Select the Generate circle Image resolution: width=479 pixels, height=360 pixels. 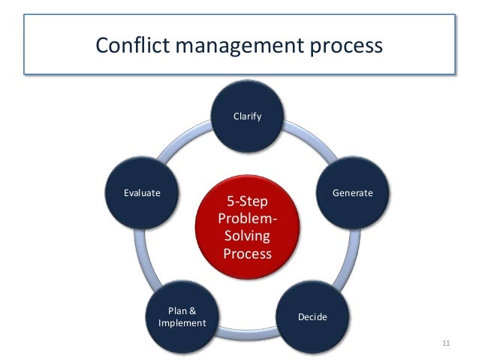coord(352,193)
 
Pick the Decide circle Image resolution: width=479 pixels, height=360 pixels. coord(312,316)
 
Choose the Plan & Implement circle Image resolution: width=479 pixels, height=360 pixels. coord(182,316)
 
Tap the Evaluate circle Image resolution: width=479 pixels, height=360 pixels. coord(142,193)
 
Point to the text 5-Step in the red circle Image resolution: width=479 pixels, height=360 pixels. coord(247,201)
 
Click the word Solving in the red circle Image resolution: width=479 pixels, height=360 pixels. coord(247,237)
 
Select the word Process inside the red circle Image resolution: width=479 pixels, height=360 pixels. coord(247,254)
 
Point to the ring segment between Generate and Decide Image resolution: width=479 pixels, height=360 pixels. coord(348,256)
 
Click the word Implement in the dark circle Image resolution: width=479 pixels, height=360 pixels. coord(182,324)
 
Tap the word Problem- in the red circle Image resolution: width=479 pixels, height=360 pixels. coord(247,219)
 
